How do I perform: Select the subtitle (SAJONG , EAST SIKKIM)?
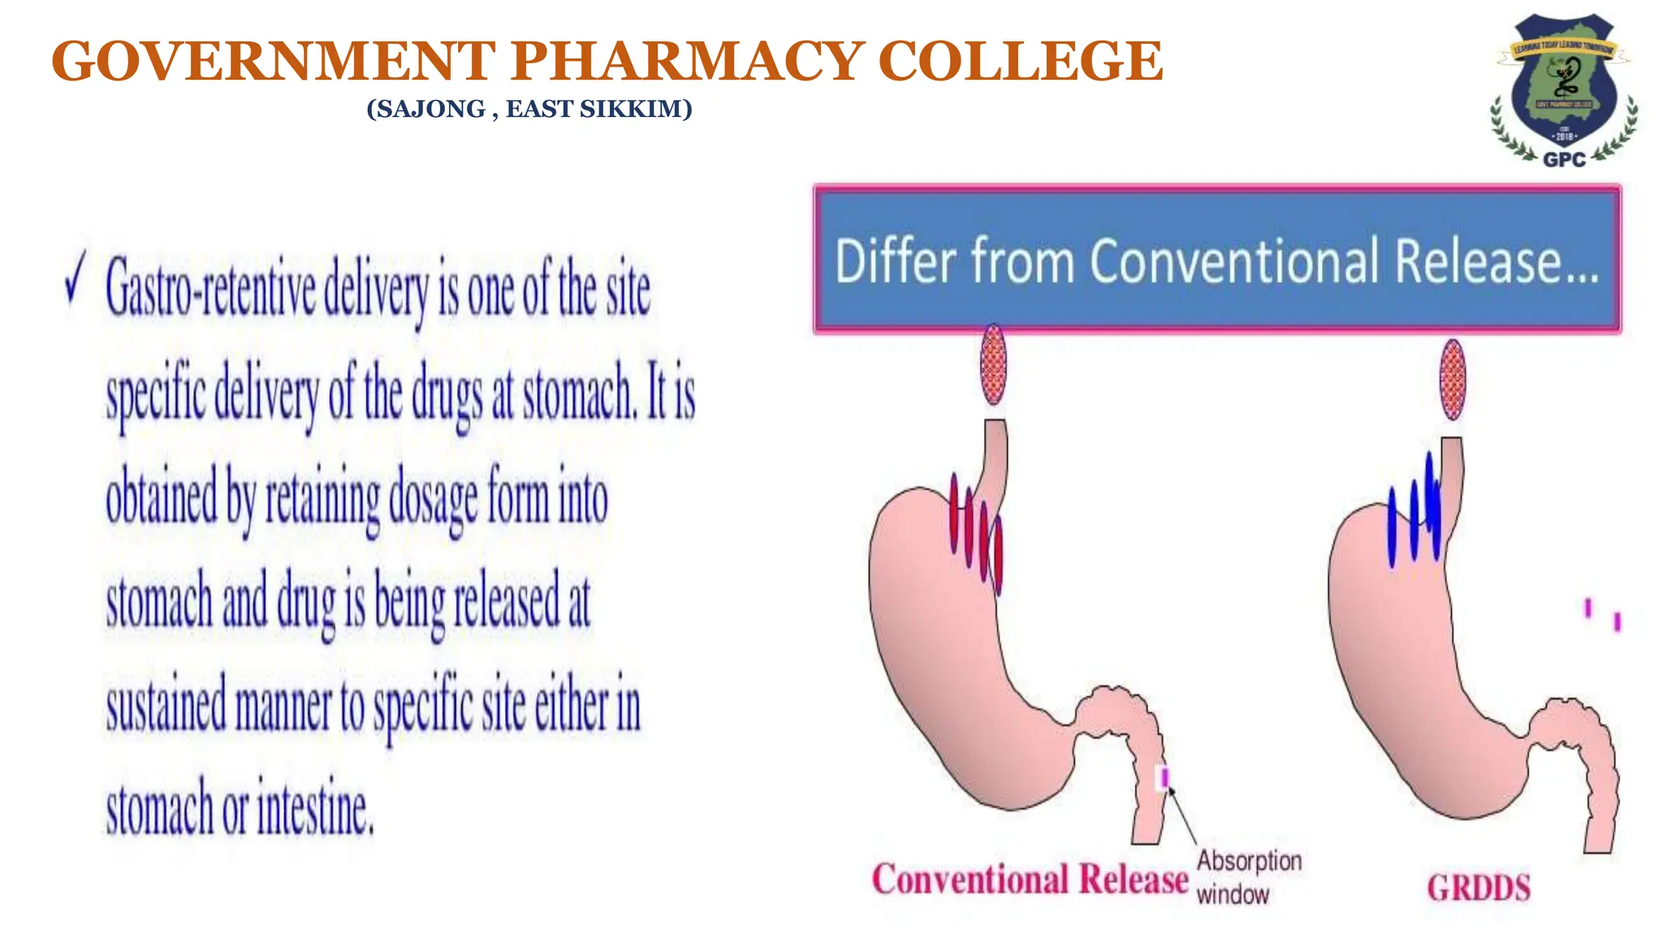click(x=529, y=109)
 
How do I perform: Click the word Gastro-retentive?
click(x=210, y=288)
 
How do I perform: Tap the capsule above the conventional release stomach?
click(x=993, y=365)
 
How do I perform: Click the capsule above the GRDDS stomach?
click(x=1452, y=379)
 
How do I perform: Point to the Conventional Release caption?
click(x=1030, y=879)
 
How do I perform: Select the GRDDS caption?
click(x=1479, y=887)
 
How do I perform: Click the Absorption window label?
click(x=1248, y=877)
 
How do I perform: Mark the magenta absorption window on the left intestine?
click(x=1164, y=778)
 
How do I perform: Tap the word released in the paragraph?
click(x=507, y=601)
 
